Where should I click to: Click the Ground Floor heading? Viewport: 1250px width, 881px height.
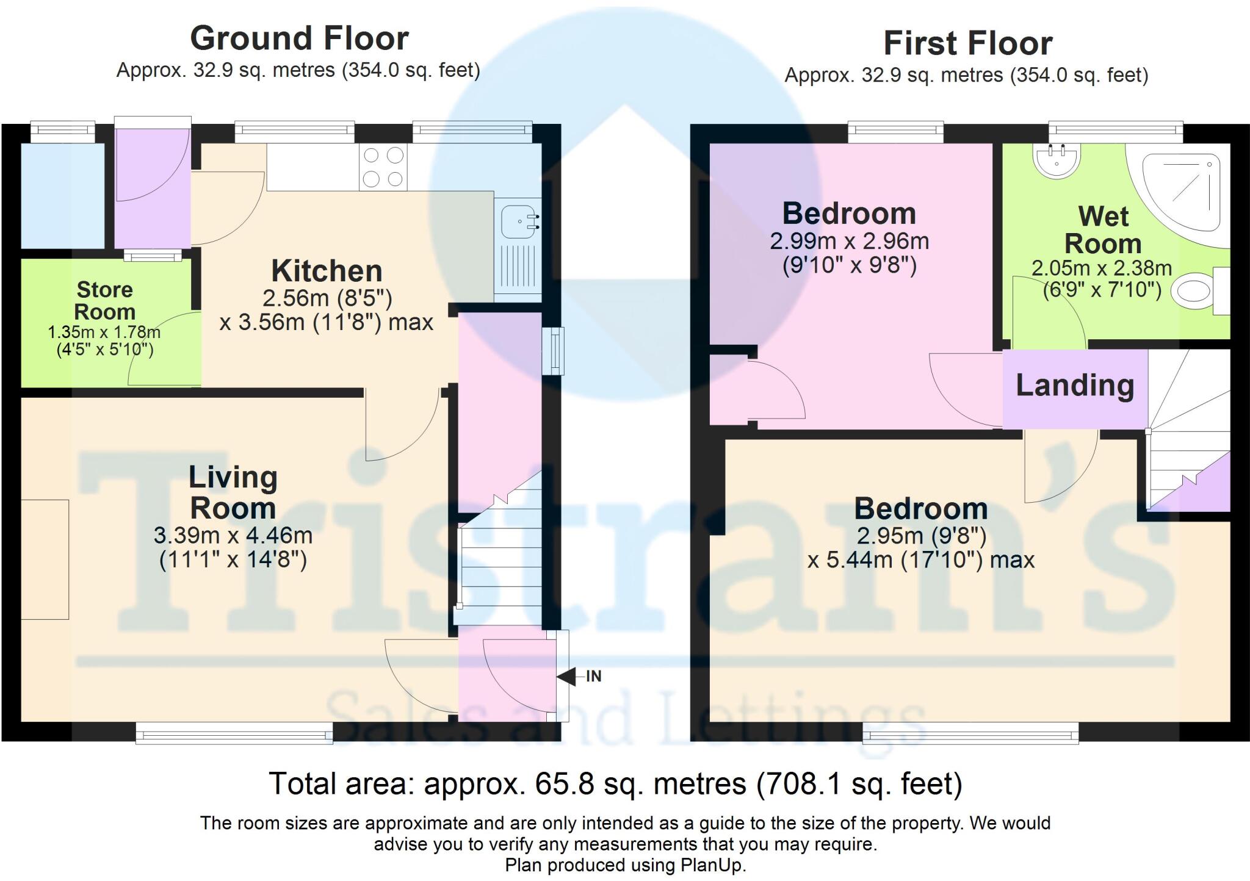click(x=299, y=38)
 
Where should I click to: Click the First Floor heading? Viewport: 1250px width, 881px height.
click(x=967, y=43)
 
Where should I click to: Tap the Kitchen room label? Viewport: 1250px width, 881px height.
click(x=327, y=271)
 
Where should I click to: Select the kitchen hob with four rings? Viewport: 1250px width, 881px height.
click(x=383, y=167)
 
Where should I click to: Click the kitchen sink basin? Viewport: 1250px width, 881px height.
click(x=516, y=221)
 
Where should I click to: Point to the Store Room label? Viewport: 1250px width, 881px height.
click(x=104, y=300)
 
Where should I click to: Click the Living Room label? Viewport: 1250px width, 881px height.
click(x=233, y=492)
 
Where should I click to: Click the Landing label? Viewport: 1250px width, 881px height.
click(x=1074, y=386)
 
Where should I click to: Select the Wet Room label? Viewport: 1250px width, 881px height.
click(x=1103, y=230)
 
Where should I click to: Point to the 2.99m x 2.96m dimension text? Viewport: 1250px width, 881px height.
click(x=849, y=242)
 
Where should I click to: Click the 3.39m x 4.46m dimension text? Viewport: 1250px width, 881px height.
click(x=233, y=536)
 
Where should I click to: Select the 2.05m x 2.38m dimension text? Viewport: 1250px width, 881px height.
click(x=1101, y=268)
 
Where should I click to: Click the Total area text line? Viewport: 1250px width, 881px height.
click(x=615, y=784)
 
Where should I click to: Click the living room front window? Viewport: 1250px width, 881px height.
click(x=234, y=733)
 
